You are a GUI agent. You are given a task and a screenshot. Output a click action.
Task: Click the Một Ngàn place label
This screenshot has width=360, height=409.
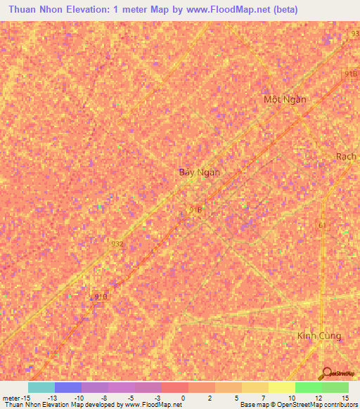pyautogui.click(x=285, y=99)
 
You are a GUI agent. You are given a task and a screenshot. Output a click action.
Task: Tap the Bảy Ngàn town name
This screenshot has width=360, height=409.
pyautogui.click(x=199, y=172)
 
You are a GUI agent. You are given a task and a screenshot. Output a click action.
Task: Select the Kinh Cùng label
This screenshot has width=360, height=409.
pyautogui.click(x=319, y=336)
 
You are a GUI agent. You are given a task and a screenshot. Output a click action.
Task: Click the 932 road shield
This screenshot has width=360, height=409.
pyautogui.click(x=117, y=244)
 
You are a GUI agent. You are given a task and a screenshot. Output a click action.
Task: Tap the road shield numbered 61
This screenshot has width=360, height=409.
pyautogui.click(x=323, y=224)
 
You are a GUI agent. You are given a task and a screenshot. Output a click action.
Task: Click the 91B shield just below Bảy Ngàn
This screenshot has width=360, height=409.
pyautogui.click(x=196, y=209)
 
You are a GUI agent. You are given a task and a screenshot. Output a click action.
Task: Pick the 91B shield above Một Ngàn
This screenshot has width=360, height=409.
pyautogui.click(x=350, y=73)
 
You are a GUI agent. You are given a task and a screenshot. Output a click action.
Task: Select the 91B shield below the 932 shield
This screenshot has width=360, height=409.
pyautogui.click(x=100, y=297)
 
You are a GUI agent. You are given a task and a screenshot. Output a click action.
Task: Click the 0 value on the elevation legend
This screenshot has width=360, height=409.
pyautogui.click(x=184, y=397)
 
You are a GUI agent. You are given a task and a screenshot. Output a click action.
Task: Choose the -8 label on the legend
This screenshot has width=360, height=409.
pyautogui.click(x=103, y=397)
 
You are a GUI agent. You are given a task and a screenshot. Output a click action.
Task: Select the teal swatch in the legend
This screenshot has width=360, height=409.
pyautogui.click(x=41, y=387)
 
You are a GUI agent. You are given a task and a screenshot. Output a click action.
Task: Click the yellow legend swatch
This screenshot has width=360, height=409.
pyautogui.click(x=282, y=387)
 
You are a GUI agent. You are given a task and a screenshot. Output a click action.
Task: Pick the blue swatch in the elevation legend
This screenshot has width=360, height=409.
pyautogui.click(x=68, y=387)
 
